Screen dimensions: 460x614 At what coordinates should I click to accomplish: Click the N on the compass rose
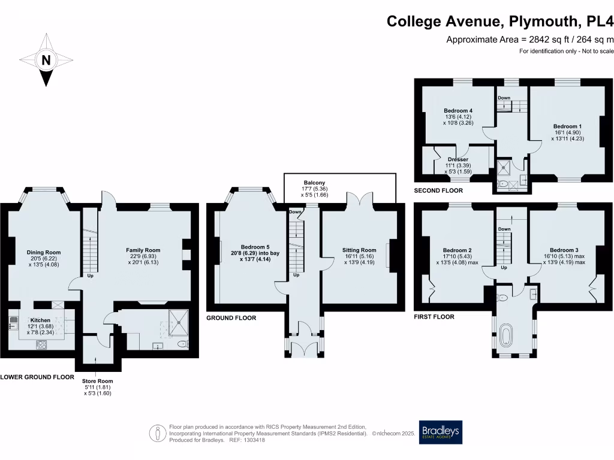point(46,60)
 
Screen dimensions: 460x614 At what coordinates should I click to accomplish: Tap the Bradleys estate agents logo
point(441,432)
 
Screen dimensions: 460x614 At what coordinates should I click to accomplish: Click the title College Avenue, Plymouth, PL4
point(500,22)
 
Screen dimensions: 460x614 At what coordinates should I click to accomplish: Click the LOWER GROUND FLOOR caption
point(37,377)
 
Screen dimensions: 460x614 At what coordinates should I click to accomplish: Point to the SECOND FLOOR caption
point(438,190)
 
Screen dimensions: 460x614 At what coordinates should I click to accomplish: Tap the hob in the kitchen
point(43,344)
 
